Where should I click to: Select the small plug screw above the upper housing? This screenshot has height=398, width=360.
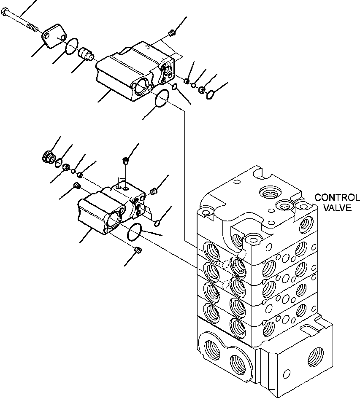point(171,33)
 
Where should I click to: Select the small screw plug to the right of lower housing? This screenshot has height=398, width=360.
point(154,192)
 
